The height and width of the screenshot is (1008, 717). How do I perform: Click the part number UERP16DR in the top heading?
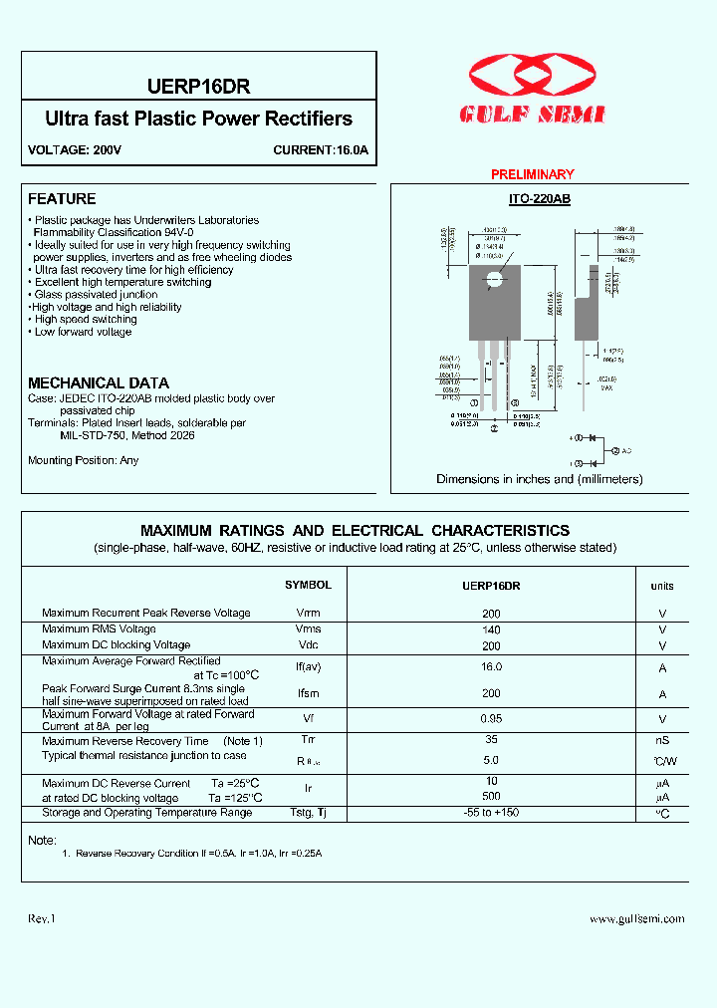point(198,87)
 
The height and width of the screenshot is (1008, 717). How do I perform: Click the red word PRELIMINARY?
point(533,174)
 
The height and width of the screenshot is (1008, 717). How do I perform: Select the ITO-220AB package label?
point(539,199)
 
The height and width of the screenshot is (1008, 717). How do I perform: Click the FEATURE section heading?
point(62,199)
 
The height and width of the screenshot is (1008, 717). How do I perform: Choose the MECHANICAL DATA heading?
point(98,383)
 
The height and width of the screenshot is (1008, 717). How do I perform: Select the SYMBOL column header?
point(308,586)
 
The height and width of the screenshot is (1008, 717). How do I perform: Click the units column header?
point(662,587)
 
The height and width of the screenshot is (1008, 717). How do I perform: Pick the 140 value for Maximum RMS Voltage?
point(490,630)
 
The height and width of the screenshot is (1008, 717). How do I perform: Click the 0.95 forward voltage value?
point(490,718)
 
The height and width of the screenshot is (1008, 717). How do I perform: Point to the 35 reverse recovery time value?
point(490,740)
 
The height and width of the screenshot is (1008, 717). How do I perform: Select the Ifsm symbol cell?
point(308,693)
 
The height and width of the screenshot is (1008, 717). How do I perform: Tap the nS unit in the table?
point(662,740)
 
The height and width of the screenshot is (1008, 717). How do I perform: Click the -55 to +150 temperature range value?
point(490,813)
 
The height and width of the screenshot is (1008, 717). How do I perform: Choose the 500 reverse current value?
point(490,797)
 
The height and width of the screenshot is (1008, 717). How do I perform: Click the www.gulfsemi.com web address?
point(637,919)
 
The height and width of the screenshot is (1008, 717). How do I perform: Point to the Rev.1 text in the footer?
point(42,919)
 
